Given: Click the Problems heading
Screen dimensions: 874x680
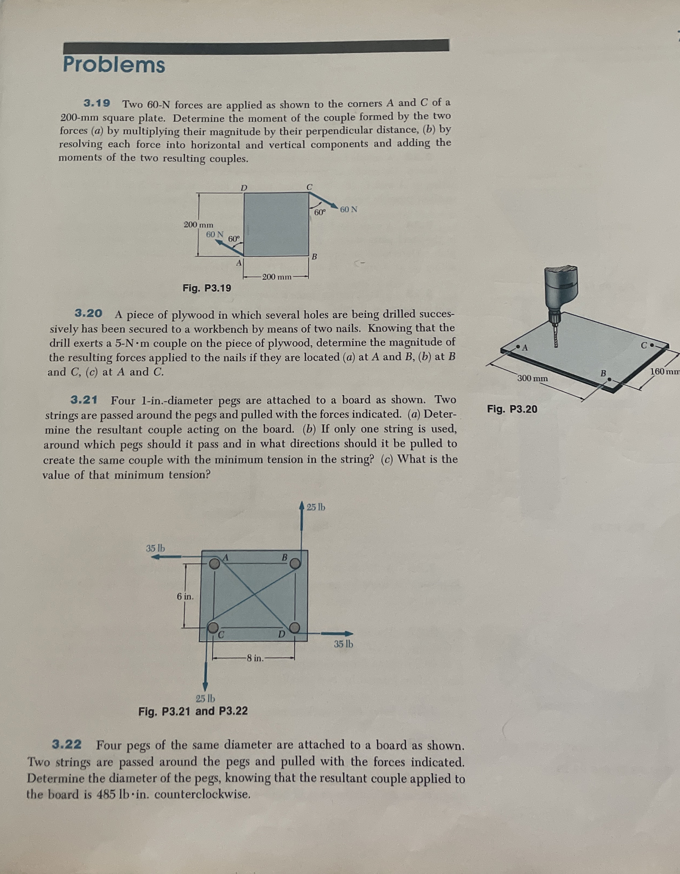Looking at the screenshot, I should (x=114, y=65).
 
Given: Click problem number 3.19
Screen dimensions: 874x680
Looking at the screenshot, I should (x=97, y=103).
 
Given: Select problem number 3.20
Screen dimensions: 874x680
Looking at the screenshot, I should (x=89, y=313).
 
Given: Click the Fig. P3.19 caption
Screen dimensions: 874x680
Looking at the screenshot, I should (x=206, y=288).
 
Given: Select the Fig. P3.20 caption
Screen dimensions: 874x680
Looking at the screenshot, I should (x=512, y=409).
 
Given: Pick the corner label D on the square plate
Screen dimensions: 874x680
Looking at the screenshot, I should (x=244, y=187).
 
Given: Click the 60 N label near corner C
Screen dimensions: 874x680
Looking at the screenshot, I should (x=349, y=209).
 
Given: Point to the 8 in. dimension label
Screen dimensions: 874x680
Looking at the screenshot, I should (x=254, y=658).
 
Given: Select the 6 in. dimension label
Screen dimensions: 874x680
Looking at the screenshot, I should (x=185, y=596).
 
